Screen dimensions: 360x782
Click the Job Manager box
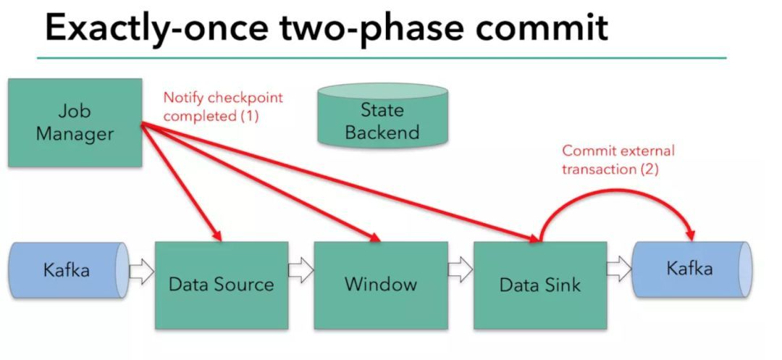tap(75, 123)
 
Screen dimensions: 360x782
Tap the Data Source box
tap(222, 284)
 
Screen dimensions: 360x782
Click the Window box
tap(380, 284)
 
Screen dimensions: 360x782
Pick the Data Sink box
tap(539, 284)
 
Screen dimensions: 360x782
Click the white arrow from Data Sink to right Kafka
tap(618, 270)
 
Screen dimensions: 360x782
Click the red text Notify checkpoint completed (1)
tap(222, 106)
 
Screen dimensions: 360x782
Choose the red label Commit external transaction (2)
tap(618, 159)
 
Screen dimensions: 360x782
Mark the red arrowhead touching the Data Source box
tap(215, 235)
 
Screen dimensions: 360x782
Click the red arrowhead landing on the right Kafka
tap(690, 234)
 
